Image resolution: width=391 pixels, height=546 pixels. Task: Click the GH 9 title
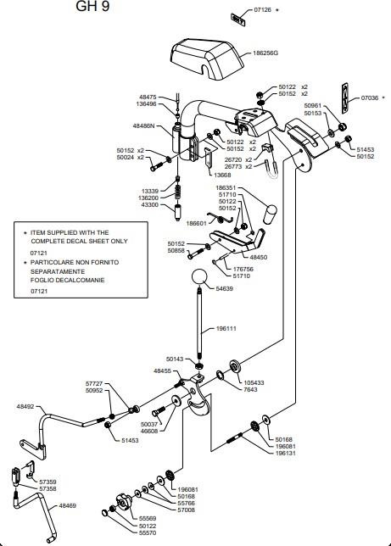click(x=92, y=6)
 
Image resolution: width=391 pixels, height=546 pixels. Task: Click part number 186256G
click(x=265, y=53)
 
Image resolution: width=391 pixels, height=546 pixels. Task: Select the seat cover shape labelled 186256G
click(x=207, y=59)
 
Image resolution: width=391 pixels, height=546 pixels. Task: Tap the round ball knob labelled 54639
click(x=199, y=277)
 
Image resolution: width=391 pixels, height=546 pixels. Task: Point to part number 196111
click(x=226, y=328)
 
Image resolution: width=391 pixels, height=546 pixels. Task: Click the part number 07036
click(x=370, y=98)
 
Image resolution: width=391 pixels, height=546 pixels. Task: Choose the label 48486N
click(x=143, y=125)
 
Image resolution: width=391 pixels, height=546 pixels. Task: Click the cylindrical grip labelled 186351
click(x=270, y=214)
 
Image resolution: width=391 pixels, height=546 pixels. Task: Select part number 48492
click(x=25, y=406)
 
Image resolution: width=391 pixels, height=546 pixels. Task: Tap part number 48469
click(x=67, y=505)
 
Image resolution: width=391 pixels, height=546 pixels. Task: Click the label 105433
click(x=254, y=382)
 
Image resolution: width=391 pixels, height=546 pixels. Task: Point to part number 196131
click(x=286, y=454)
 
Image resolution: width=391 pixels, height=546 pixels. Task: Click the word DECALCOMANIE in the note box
click(x=80, y=281)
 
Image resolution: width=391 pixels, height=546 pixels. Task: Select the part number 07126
click(x=262, y=10)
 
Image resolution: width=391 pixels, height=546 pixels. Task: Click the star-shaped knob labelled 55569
click(x=124, y=502)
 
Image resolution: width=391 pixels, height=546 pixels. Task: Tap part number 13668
click(x=222, y=175)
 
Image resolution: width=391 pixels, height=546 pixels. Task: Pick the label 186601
click(x=196, y=224)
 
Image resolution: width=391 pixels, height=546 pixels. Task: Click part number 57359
click(x=47, y=482)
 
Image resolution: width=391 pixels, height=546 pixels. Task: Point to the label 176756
click(x=243, y=269)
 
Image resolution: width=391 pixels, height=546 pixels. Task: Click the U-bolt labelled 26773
click(x=271, y=170)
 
